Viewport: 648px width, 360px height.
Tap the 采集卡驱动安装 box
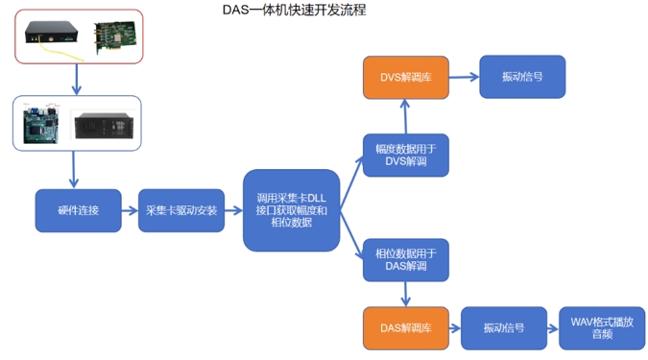180,210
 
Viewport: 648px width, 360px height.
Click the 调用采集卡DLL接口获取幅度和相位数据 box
291,210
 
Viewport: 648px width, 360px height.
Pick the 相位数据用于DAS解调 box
405,259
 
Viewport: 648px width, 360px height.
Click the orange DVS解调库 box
405,77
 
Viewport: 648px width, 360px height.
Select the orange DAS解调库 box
405,328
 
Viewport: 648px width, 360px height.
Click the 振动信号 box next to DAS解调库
503,328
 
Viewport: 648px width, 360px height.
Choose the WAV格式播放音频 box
602,328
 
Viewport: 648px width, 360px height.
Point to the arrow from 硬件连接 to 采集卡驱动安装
130,210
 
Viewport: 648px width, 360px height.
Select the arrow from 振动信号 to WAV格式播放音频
552,328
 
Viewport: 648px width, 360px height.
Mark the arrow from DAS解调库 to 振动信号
453,328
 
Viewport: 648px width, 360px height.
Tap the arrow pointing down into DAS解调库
405,294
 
